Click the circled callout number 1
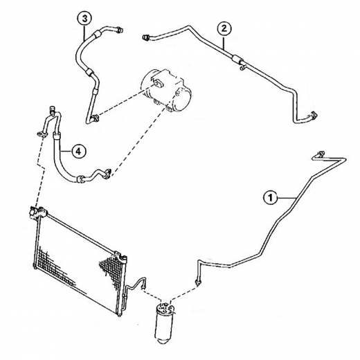coord(271,199)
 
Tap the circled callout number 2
coord(224,28)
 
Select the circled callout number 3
coord(84,19)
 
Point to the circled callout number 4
coord(78,152)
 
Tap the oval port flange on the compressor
coord(157,83)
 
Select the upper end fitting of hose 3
coord(120,30)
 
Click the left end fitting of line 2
coord(145,37)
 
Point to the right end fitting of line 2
coord(314,115)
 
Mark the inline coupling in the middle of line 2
coord(237,59)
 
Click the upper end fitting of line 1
coord(321,154)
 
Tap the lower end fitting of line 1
coord(198,281)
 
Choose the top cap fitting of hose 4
coord(53,108)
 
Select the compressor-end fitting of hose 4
coord(107,173)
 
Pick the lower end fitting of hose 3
coord(95,118)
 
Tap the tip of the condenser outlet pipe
coord(143,286)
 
